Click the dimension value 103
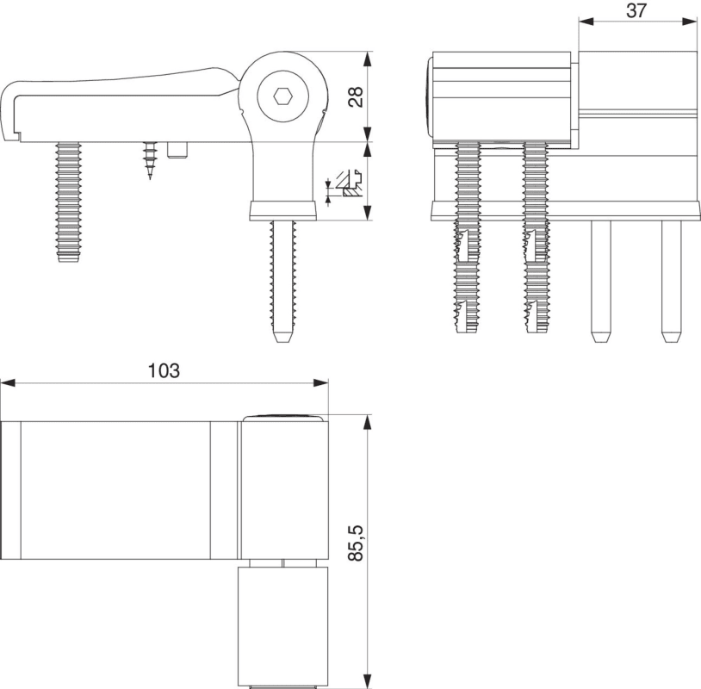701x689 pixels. (164, 370)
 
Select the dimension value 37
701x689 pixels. (636, 10)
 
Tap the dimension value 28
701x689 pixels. (355, 96)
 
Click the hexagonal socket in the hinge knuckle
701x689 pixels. (282, 96)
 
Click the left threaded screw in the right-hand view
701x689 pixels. (466, 237)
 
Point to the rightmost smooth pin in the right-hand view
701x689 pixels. (669, 280)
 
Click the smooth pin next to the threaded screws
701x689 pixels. (600, 280)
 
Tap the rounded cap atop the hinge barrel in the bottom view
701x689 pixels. (284, 418)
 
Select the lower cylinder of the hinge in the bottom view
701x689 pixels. (283, 624)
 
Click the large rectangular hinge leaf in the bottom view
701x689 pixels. (116, 489)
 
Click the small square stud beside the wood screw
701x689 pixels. (179, 151)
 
